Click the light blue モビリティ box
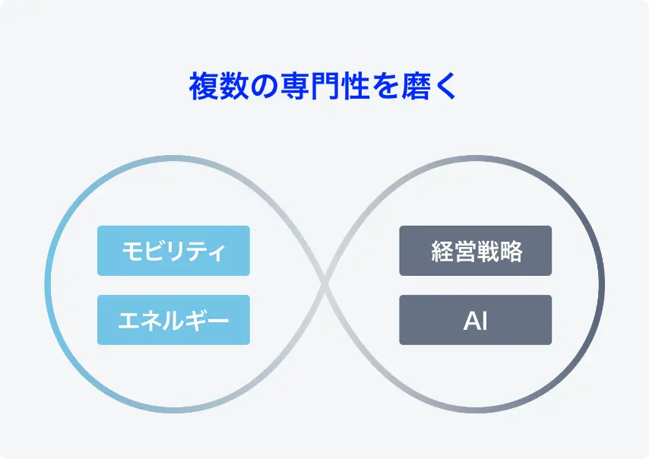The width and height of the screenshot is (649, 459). pos(173,251)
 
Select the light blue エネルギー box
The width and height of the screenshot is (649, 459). pos(173,320)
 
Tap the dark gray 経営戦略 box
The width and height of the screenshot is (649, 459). pos(476,251)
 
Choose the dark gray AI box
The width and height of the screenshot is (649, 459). pos(476,320)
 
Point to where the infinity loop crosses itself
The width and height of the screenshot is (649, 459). pos(325,284)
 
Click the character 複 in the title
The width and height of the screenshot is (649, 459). pos(203,86)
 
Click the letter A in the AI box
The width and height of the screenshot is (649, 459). pos(470,321)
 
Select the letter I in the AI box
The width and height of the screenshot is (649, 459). pos(483,321)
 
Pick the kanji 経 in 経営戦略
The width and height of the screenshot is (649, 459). pos(442,252)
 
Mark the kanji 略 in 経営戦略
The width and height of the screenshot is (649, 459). pos(511,252)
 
